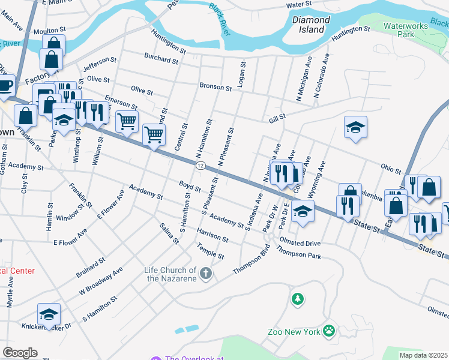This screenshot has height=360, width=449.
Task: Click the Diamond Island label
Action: (311, 24)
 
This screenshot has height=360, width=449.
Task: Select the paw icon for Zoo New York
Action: (328, 330)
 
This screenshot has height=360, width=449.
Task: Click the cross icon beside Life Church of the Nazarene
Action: (206, 274)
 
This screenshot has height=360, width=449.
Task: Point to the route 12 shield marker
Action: (200, 165)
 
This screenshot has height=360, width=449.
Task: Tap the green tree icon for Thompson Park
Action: (297, 298)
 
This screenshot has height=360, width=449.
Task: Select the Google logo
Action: (20, 353)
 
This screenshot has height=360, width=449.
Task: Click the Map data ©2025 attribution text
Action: (423, 355)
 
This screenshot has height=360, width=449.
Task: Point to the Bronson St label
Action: (215, 88)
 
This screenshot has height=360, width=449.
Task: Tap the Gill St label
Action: (277, 119)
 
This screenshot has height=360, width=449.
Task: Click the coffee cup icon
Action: (5, 86)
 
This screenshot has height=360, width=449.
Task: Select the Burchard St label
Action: (161, 59)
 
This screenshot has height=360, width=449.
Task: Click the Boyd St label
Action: (189, 185)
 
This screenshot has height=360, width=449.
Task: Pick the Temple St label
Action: (210, 251)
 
